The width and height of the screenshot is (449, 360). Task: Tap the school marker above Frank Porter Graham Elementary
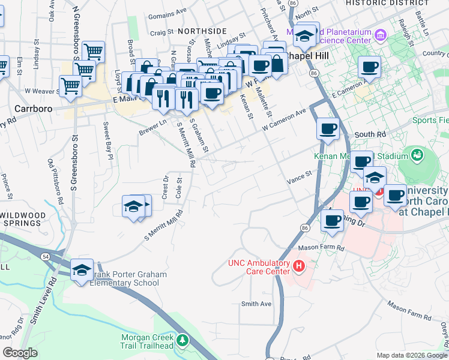(82, 270)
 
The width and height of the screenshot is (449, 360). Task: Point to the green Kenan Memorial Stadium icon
(417, 156)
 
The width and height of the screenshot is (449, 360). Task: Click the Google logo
(20, 353)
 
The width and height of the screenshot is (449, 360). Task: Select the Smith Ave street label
(256, 304)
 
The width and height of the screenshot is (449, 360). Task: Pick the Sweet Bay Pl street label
(107, 140)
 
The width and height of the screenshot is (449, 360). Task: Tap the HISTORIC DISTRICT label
(387, 3)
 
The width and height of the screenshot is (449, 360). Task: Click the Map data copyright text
(412, 355)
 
